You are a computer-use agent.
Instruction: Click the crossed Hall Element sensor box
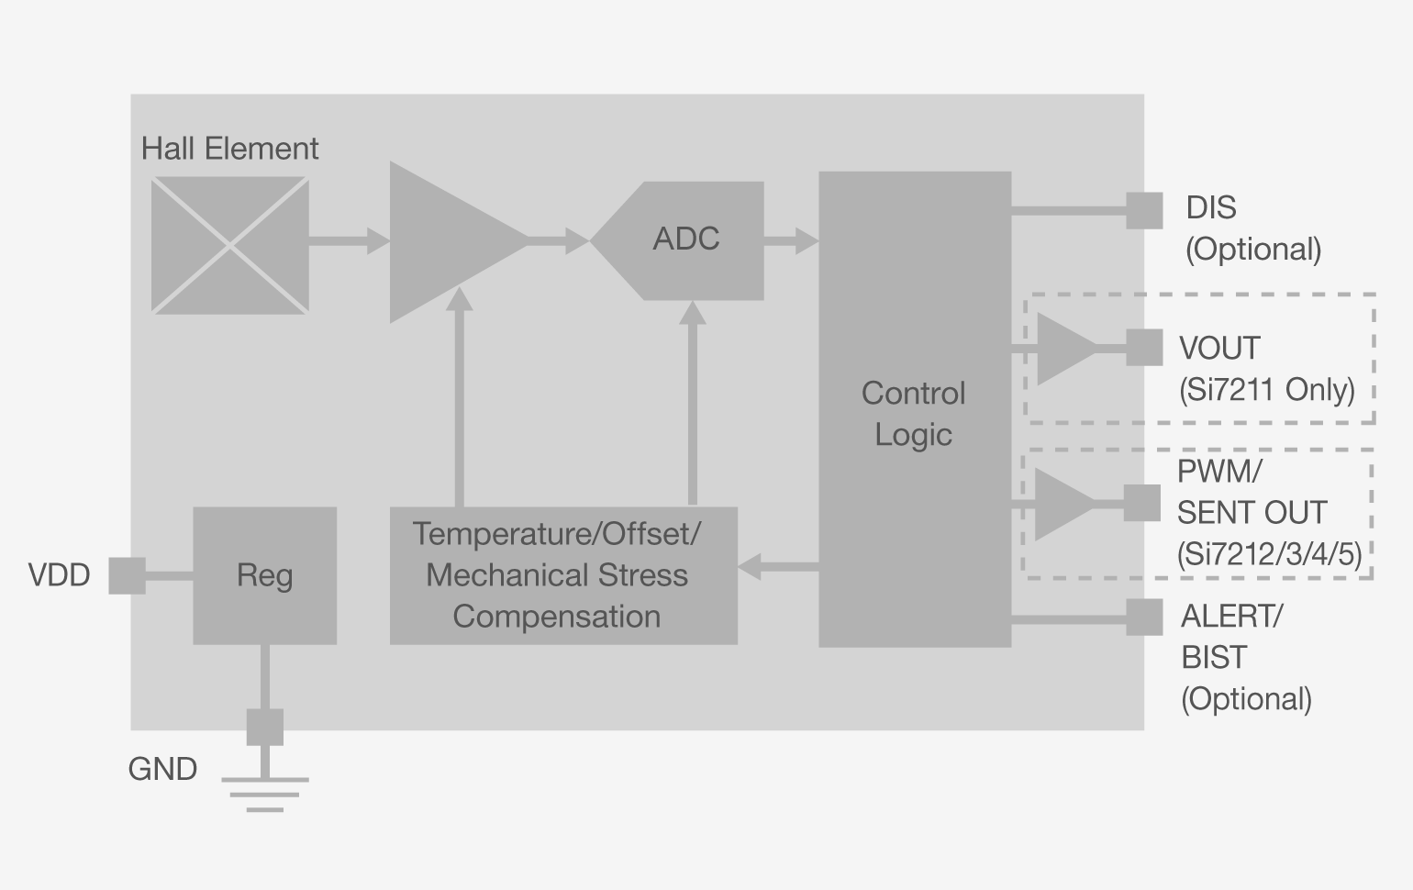pyautogui.click(x=229, y=246)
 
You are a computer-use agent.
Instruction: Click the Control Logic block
pyautogui.click(x=914, y=409)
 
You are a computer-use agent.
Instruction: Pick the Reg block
pyautogui.click(x=264, y=575)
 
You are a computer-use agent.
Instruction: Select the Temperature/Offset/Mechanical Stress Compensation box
pyautogui.click(x=562, y=575)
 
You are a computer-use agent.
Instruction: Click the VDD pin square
pyautogui.click(x=127, y=575)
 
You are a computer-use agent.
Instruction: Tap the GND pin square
pyautogui.click(x=264, y=727)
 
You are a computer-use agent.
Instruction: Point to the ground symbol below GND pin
pyautogui.click(x=264, y=795)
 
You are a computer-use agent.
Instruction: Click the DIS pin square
pyautogui.click(x=1143, y=210)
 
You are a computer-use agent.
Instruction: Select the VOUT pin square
pyautogui.click(x=1143, y=348)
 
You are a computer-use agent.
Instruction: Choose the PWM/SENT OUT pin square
pyautogui.click(x=1141, y=503)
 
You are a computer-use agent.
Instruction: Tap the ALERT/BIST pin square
pyautogui.click(x=1143, y=617)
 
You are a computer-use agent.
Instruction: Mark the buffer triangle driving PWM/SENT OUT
pyautogui.click(x=1062, y=504)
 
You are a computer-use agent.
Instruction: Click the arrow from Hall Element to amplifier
pyautogui.click(x=349, y=241)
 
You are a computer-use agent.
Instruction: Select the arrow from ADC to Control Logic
pyautogui.click(x=791, y=241)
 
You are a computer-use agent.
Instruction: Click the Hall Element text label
pyautogui.click(x=229, y=149)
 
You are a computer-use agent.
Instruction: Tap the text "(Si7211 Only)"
pyautogui.click(x=1266, y=390)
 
